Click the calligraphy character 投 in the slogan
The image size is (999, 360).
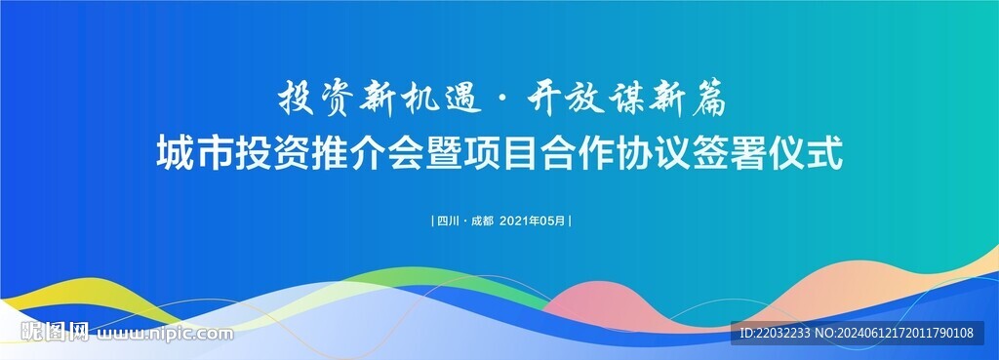point(297,100)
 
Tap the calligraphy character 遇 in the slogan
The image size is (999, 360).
point(460,100)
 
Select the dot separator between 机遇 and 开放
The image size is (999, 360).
point(503,100)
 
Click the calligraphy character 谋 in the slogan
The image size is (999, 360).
point(624,100)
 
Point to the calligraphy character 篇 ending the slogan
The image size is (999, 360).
point(706,100)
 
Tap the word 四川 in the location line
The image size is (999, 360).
point(449,221)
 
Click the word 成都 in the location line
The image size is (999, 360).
point(482,221)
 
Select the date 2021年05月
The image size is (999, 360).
point(533,221)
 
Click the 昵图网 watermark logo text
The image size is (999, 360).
point(55,332)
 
